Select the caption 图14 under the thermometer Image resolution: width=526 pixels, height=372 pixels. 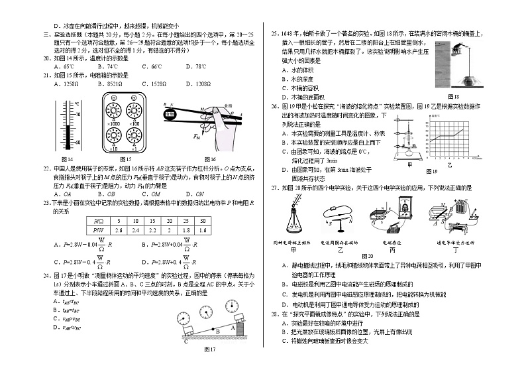click(x=67, y=159)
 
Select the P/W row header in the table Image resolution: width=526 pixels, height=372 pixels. click(x=99, y=229)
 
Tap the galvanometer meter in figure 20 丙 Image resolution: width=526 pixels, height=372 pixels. click(x=403, y=208)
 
